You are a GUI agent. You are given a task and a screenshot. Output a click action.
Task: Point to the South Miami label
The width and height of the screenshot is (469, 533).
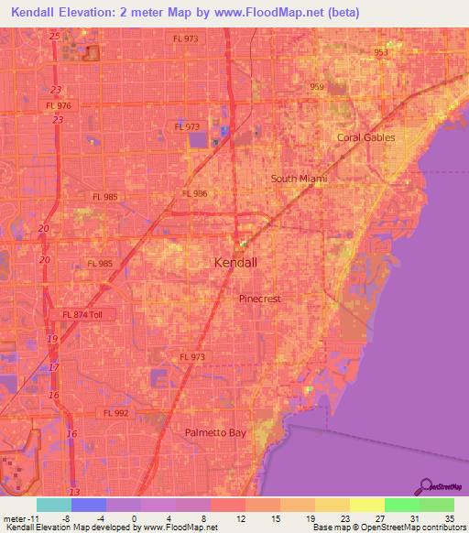(x=299, y=179)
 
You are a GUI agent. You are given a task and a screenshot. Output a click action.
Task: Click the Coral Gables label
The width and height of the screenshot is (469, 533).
(x=365, y=137)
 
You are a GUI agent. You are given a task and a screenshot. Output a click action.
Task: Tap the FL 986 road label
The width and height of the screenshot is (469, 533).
(x=194, y=193)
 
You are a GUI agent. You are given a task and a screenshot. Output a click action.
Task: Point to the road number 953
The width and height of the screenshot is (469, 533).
(x=381, y=53)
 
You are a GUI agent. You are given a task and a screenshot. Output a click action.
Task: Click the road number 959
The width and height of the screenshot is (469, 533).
(x=317, y=87)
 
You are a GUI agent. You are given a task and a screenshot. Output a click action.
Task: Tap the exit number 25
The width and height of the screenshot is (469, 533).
(x=56, y=35)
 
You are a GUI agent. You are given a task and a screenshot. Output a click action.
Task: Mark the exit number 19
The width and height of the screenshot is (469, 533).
(x=52, y=339)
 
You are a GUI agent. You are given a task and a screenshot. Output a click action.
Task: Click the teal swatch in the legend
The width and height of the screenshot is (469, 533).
(x=53, y=505)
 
